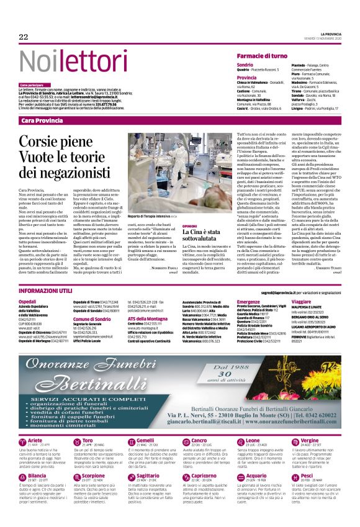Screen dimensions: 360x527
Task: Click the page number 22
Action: (x=24, y=37)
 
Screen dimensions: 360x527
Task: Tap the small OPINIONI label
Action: (x=189, y=227)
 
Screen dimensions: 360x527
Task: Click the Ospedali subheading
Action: (x=29, y=301)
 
